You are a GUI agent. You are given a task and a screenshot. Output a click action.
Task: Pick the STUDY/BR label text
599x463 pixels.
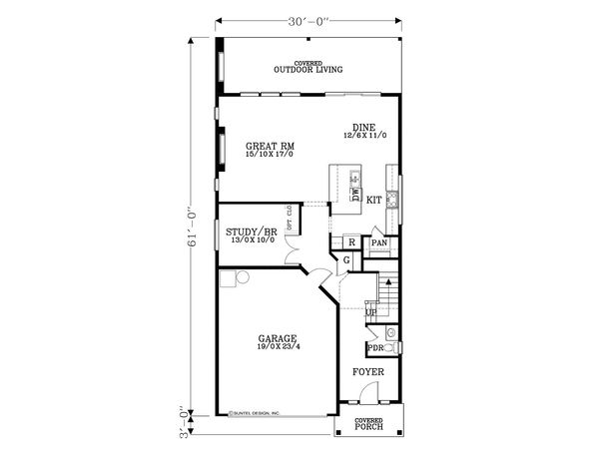[x=251, y=231]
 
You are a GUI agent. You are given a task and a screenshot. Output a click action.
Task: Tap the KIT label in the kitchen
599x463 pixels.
[x=374, y=201]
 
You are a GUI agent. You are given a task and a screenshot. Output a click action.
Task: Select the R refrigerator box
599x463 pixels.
[x=352, y=241]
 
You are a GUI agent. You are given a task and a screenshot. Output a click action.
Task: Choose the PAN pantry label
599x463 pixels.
[x=379, y=241]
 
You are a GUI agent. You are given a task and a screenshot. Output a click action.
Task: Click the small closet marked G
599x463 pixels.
[x=345, y=260]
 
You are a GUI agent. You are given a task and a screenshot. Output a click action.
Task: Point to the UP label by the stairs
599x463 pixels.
[x=370, y=313]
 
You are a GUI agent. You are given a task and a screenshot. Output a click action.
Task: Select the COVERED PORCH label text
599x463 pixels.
[x=368, y=424]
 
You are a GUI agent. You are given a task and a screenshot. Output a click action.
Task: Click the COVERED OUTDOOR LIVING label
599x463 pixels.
[x=308, y=68]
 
